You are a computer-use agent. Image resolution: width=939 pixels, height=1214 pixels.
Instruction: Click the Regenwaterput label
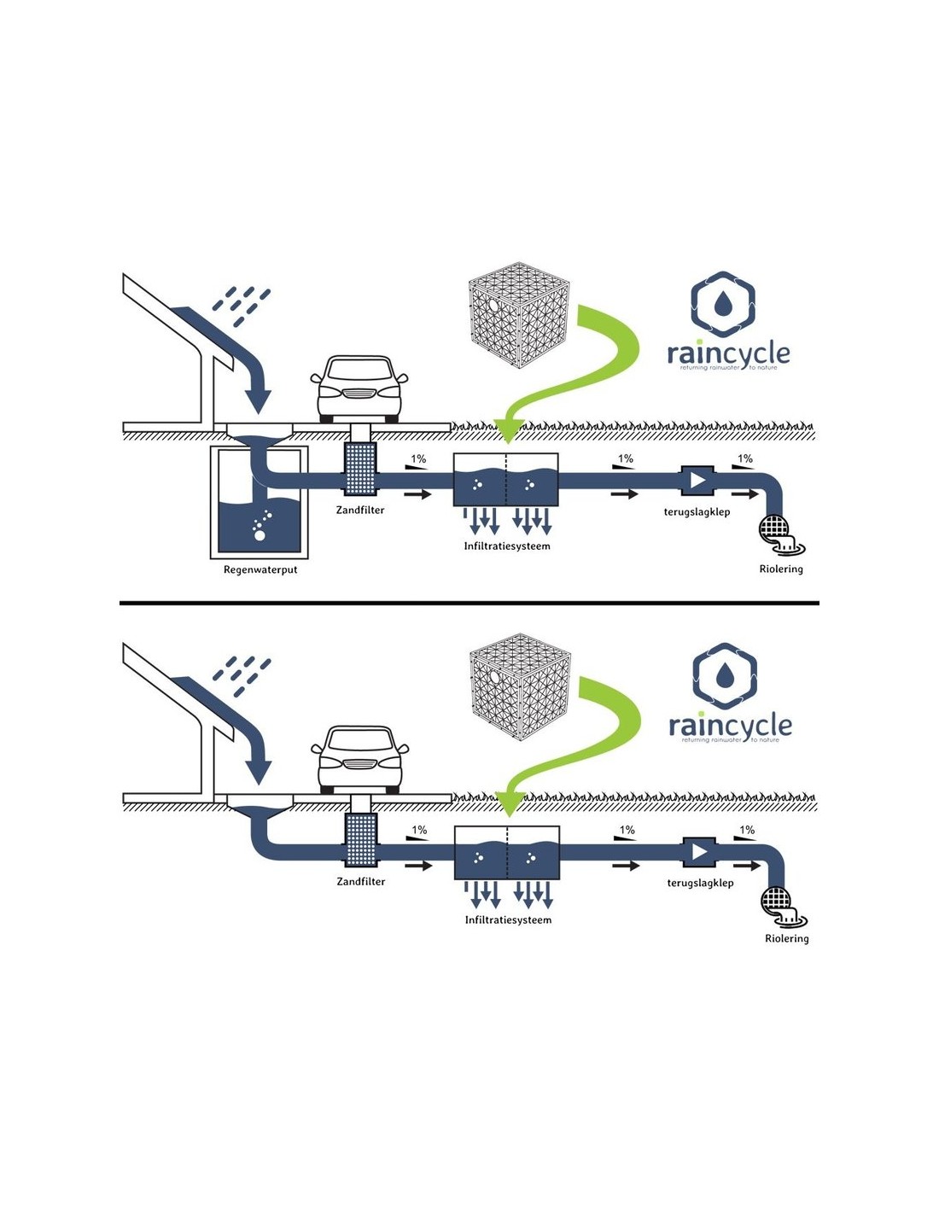260,569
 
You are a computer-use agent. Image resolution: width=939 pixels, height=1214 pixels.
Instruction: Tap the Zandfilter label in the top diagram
360,510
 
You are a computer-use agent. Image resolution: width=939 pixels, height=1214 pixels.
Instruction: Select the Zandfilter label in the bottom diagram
360,881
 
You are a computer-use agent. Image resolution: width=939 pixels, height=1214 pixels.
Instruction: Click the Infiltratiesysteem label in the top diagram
507,546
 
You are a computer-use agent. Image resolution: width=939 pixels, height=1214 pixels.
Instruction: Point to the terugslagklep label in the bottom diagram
700,883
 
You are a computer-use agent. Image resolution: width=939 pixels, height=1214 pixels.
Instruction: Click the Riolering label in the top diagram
781,569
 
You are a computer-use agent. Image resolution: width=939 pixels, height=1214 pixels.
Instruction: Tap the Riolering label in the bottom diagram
786,938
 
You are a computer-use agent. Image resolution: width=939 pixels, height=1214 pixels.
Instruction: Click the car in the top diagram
359,388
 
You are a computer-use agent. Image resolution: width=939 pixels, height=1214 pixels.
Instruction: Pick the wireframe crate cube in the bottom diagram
520,692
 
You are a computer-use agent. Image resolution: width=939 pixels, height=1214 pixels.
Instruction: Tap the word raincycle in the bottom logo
730,726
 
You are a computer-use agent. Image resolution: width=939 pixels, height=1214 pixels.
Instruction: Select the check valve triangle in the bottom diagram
700,851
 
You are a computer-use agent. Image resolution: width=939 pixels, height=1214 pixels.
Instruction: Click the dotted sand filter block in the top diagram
360,469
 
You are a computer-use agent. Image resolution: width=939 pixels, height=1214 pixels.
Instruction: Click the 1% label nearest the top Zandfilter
418,459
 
